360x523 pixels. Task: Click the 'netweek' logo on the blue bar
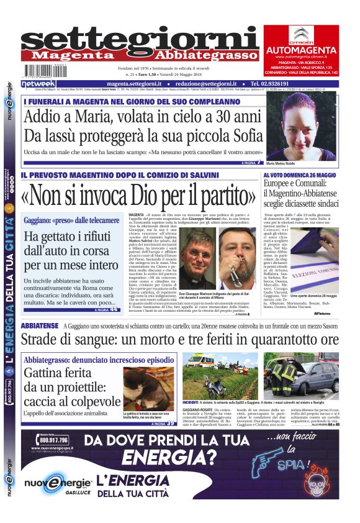(38, 83)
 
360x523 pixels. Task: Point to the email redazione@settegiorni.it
(210, 83)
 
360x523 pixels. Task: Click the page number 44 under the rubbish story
(114, 309)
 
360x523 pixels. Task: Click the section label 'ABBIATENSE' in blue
(40, 325)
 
